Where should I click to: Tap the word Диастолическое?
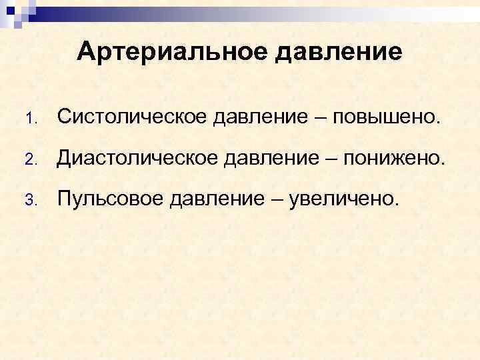click(138, 157)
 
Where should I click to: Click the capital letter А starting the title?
click(87, 51)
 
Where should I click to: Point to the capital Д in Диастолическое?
click(64, 157)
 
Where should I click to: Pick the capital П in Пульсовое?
click(65, 197)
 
